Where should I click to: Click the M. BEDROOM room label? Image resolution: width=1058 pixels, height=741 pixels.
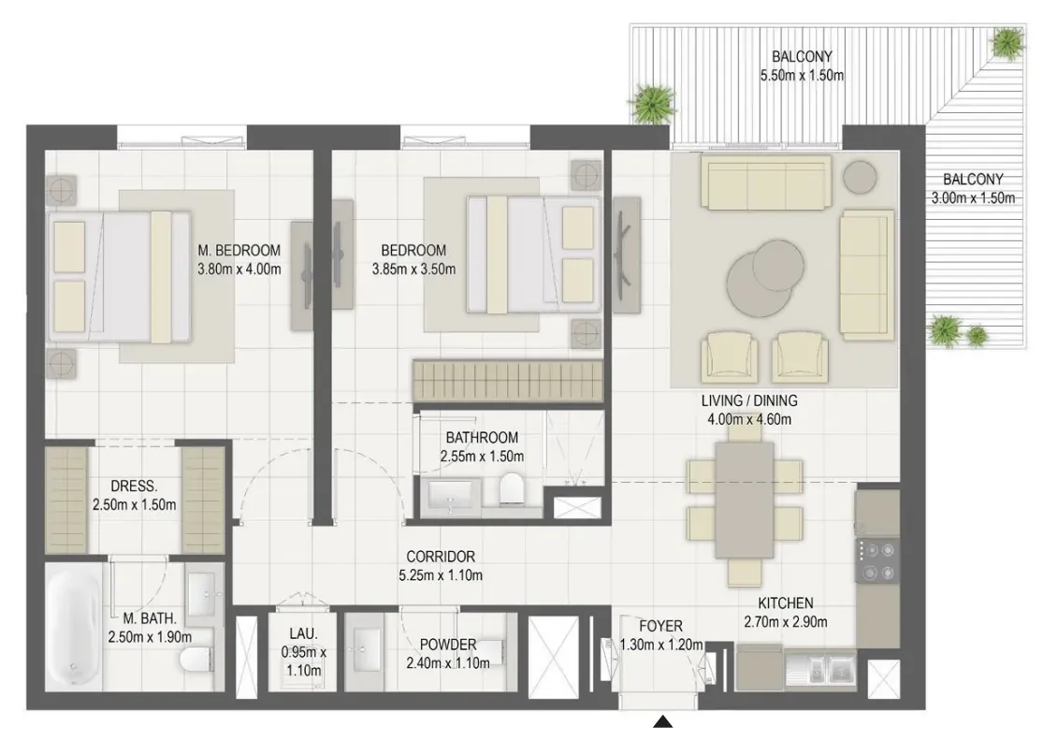coord(239,251)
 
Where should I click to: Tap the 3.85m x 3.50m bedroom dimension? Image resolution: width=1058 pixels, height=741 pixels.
coord(413,269)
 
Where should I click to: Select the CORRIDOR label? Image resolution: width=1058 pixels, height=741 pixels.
coord(441,557)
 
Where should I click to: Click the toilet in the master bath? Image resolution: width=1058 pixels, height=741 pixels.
coord(198,661)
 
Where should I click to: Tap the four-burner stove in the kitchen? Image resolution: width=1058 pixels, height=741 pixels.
coord(877,560)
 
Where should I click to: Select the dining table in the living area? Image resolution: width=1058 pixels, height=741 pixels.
coord(745,499)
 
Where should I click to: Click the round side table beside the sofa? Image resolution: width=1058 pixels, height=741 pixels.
coord(860,177)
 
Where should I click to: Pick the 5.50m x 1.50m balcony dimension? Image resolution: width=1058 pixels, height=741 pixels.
coord(802,76)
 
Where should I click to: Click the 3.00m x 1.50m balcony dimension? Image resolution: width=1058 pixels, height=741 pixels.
coord(973,198)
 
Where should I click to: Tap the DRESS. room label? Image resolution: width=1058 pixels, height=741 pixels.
coord(134,486)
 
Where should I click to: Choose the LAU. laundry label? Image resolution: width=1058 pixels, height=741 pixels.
coord(304,633)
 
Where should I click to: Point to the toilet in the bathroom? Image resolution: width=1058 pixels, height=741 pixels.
coord(511,488)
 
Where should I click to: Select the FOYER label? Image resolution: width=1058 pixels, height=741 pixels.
coord(660,626)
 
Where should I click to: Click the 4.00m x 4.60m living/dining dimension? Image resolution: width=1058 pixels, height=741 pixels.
coord(749,419)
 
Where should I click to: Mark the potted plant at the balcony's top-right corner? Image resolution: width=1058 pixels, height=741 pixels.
coord(1007,42)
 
